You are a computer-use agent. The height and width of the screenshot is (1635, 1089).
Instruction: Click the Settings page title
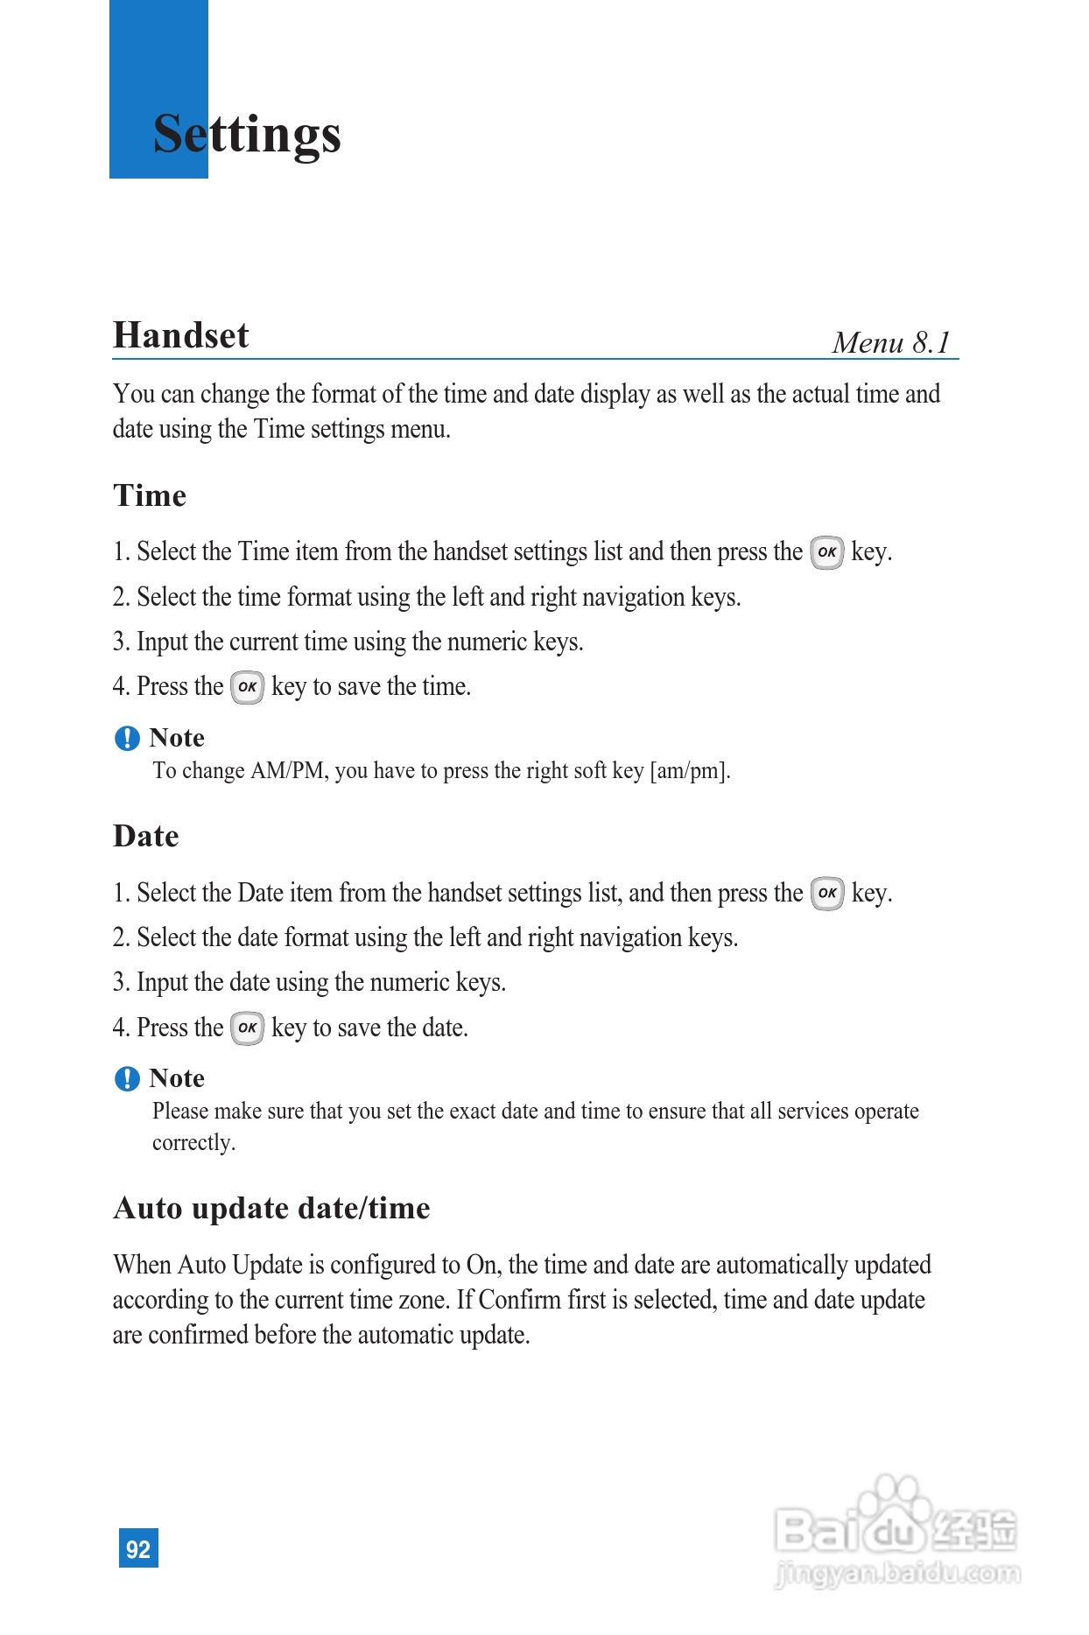[x=247, y=134]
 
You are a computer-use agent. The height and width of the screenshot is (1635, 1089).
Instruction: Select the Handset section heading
[x=181, y=335]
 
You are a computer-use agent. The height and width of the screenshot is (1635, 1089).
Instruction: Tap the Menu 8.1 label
[x=891, y=342]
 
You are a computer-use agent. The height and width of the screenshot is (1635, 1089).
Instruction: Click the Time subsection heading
[x=150, y=495]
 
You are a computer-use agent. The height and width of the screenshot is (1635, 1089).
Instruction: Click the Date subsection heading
[x=146, y=836]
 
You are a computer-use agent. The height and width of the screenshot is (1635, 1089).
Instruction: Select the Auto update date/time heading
[x=271, y=1208]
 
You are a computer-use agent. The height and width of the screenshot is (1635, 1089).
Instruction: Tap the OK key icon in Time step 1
[x=826, y=552]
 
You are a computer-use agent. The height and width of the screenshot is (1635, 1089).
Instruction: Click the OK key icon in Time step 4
[x=247, y=687]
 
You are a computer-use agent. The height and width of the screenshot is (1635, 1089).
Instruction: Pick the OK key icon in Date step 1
[x=826, y=894]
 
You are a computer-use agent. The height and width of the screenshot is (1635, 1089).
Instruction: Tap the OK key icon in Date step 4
[x=247, y=1028]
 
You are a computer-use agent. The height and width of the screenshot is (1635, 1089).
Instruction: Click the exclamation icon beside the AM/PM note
[x=127, y=739]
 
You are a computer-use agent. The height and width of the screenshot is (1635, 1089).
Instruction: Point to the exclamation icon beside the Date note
[x=127, y=1079]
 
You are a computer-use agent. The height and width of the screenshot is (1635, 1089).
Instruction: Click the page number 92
[x=138, y=1548]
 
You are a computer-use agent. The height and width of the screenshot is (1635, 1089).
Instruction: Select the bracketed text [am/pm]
[x=689, y=771]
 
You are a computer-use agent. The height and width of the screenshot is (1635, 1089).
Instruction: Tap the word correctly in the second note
[x=193, y=1143]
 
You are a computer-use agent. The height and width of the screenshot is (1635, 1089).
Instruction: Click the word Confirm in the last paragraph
[x=519, y=1300]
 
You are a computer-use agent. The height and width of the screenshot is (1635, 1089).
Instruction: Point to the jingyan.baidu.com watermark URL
[x=897, y=1573]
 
